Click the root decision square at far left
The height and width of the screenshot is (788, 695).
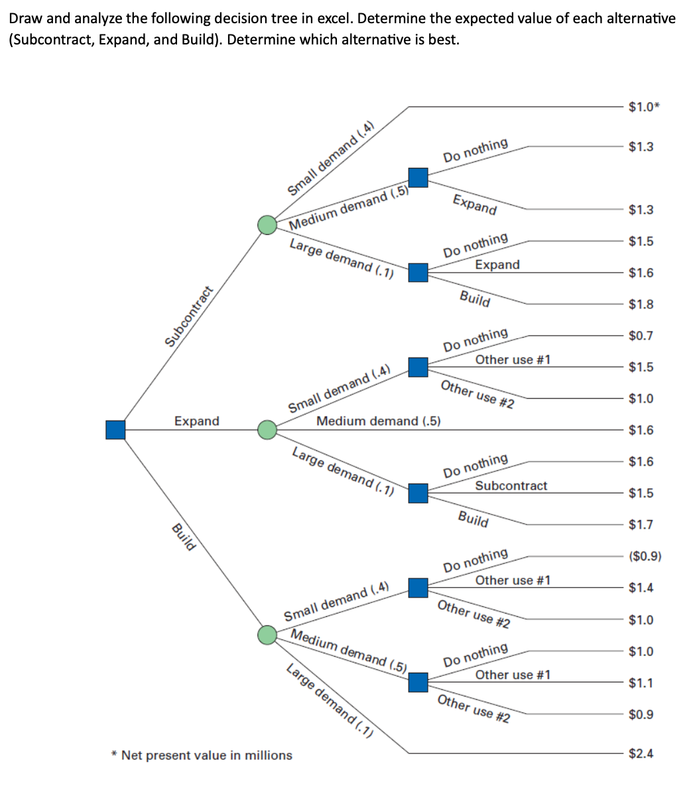coord(115,430)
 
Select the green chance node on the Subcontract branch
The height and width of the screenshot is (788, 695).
coord(267,225)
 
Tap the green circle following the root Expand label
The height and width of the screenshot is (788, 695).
coord(267,430)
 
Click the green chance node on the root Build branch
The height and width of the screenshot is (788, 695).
coord(267,635)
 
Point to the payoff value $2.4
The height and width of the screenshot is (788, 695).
coord(641,753)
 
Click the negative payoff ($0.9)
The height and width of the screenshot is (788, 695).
coord(645,556)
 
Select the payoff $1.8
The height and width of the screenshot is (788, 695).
coord(641,304)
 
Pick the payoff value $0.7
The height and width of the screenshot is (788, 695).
coord(641,336)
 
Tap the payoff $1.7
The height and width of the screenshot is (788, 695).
coord(641,525)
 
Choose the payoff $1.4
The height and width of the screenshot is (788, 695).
coord(641,587)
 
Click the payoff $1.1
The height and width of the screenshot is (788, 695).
coord(641,683)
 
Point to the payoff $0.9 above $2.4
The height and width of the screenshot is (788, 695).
coord(641,714)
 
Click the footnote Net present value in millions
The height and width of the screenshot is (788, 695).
coord(202,755)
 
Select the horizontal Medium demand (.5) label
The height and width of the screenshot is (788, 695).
coord(379,421)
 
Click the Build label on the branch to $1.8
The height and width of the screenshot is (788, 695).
coord(475,299)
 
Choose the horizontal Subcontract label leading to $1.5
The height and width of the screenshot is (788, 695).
coord(511,486)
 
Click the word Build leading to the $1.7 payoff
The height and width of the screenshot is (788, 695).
coord(474,519)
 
